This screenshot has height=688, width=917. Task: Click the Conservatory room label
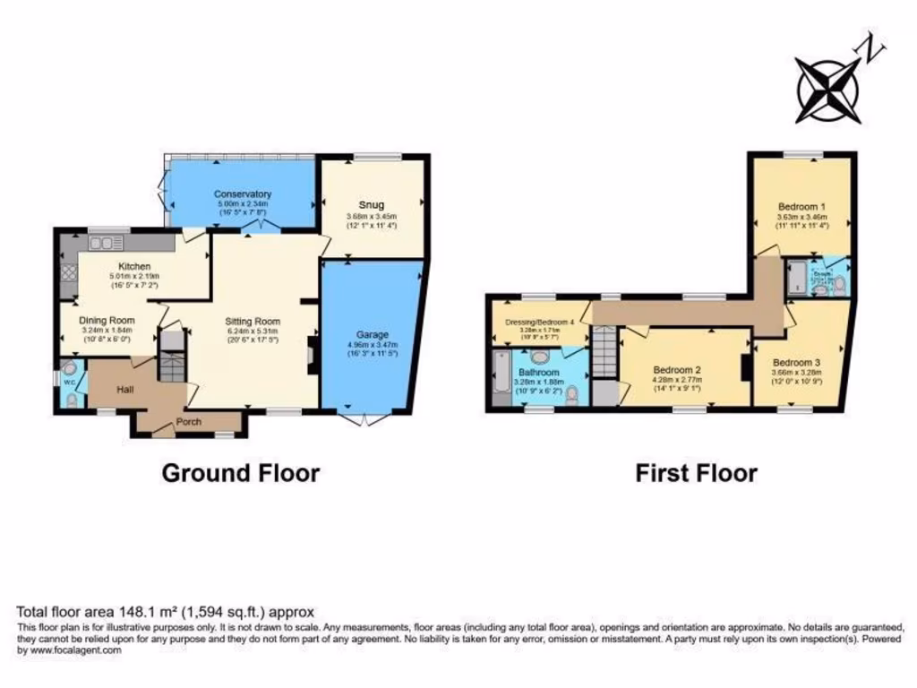[x=242, y=194]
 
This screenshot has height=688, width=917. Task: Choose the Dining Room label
[x=107, y=320]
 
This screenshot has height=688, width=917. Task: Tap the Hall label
[x=124, y=390]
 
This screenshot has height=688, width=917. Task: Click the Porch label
[x=187, y=422]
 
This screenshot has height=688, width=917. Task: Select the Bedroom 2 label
[x=676, y=369]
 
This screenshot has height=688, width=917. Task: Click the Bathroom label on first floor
[x=538, y=372]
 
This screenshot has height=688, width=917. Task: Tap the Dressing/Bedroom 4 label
[x=539, y=321]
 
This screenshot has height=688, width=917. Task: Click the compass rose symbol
[x=827, y=90]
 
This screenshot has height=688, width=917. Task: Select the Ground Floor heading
[x=240, y=472]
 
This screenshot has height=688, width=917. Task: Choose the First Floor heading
[x=696, y=472]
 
